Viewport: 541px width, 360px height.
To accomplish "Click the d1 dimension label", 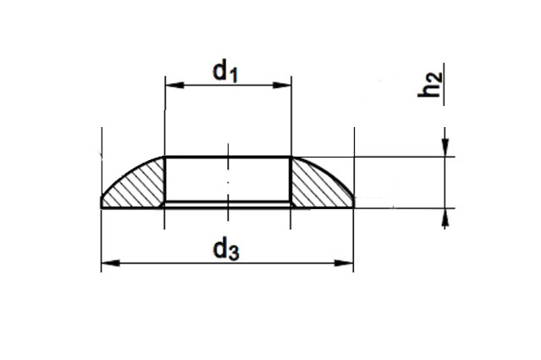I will point(224,73).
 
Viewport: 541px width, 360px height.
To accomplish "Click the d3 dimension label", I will point(224,250).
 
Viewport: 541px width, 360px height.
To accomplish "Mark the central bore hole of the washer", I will point(227,180).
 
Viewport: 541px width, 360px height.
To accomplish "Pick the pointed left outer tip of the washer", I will point(102,203).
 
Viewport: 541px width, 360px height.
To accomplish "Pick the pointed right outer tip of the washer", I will point(353,203).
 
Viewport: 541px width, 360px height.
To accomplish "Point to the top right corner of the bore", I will point(291,158).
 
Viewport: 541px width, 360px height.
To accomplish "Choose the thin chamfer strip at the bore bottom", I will point(227,204).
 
